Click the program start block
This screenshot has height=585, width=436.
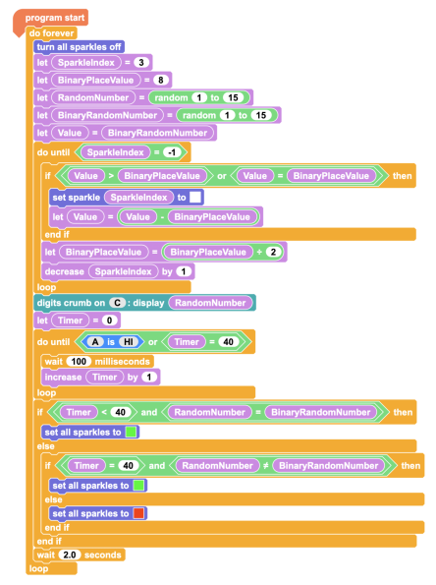pyautogui.click(x=54, y=18)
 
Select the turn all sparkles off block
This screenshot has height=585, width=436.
pyautogui.click(x=79, y=47)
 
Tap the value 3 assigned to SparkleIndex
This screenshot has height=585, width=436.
pyautogui.click(x=141, y=62)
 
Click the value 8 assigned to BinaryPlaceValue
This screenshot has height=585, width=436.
pyautogui.click(x=161, y=80)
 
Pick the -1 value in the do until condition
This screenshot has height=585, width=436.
pyautogui.click(x=172, y=152)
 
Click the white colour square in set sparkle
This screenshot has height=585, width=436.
pyautogui.click(x=195, y=197)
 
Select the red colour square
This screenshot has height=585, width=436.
pyautogui.click(x=138, y=513)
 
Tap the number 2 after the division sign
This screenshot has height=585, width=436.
pyautogui.click(x=274, y=252)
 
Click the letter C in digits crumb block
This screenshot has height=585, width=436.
pyautogui.click(x=118, y=303)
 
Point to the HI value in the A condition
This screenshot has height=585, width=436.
pyautogui.click(x=129, y=342)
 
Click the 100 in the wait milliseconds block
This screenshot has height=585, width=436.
pyautogui.click(x=79, y=361)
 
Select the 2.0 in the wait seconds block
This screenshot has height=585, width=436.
pyautogui.click(x=70, y=555)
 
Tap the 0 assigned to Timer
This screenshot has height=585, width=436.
pyautogui.click(x=110, y=321)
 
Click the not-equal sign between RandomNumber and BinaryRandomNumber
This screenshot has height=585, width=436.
pyautogui.click(x=266, y=466)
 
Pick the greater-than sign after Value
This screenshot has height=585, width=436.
pyautogui.click(x=111, y=176)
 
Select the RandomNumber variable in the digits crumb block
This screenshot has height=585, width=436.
pyautogui.click(x=210, y=303)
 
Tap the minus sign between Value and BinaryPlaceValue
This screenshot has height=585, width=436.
pyautogui.click(x=162, y=216)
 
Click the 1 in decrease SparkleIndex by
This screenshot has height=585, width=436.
pyautogui.click(x=184, y=271)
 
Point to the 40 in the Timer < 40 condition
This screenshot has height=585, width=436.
pyautogui.click(x=121, y=412)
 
